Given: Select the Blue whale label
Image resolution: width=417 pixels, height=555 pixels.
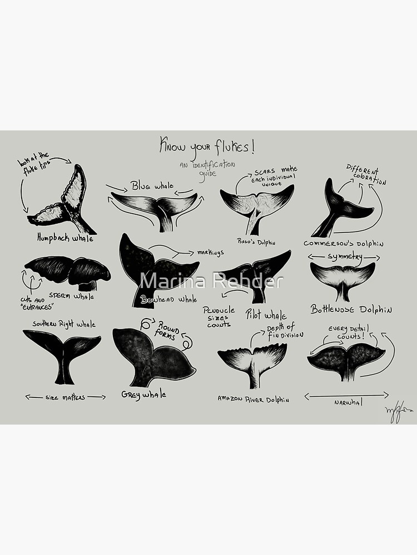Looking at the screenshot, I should (x=152, y=185).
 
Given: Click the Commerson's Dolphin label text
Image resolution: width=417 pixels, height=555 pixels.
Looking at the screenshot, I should (x=344, y=243).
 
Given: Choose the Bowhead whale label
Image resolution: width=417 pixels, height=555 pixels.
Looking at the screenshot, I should (x=168, y=299).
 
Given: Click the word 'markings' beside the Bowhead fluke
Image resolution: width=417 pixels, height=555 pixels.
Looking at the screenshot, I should (x=210, y=253).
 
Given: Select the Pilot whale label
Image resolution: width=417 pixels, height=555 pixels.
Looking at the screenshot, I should (x=266, y=315).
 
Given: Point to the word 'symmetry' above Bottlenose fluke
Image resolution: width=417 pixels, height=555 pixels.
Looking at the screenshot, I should (x=345, y=257).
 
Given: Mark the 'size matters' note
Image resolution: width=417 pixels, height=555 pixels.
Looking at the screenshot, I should (x=65, y=397).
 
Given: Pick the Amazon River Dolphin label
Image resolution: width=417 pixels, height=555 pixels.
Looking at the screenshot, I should (x=253, y=398).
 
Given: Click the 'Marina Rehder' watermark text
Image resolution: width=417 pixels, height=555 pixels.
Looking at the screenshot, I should (x=211, y=281).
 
